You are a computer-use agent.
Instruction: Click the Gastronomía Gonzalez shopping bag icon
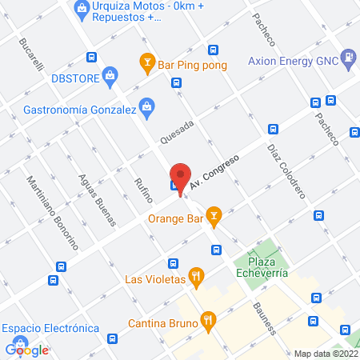[x=146, y=106]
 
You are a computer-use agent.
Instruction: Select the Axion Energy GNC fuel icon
[x=349, y=58]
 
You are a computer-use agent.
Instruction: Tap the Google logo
[x=27, y=350]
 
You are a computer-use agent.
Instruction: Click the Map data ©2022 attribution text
[x=326, y=353]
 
